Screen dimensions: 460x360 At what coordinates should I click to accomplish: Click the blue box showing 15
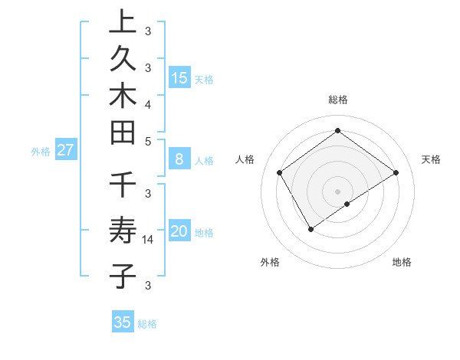pyautogui.click(x=179, y=77)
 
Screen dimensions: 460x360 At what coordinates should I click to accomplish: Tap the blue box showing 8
pyautogui.click(x=179, y=159)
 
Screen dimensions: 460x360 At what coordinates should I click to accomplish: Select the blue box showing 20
pyautogui.click(x=179, y=231)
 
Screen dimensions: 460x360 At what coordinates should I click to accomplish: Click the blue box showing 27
pyautogui.click(x=65, y=150)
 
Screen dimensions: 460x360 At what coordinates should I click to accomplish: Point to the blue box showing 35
pyautogui.click(x=123, y=322)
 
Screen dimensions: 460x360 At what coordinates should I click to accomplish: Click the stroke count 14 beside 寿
pyautogui.click(x=149, y=240)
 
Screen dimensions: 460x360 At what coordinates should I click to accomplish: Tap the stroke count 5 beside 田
pyautogui.click(x=148, y=141)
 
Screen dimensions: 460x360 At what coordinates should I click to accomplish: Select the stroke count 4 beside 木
pyautogui.click(x=148, y=103)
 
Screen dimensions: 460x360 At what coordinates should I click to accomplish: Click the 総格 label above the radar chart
pyautogui.click(x=338, y=100)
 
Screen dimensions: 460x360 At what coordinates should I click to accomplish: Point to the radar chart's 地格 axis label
pyautogui.click(x=402, y=262)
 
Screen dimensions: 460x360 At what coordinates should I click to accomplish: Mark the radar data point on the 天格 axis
pyautogui.click(x=396, y=172)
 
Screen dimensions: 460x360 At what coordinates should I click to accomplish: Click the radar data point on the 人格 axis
pyautogui.click(x=280, y=172)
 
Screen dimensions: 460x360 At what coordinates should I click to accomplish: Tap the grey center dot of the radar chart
pyautogui.click(x=338, y=191)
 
